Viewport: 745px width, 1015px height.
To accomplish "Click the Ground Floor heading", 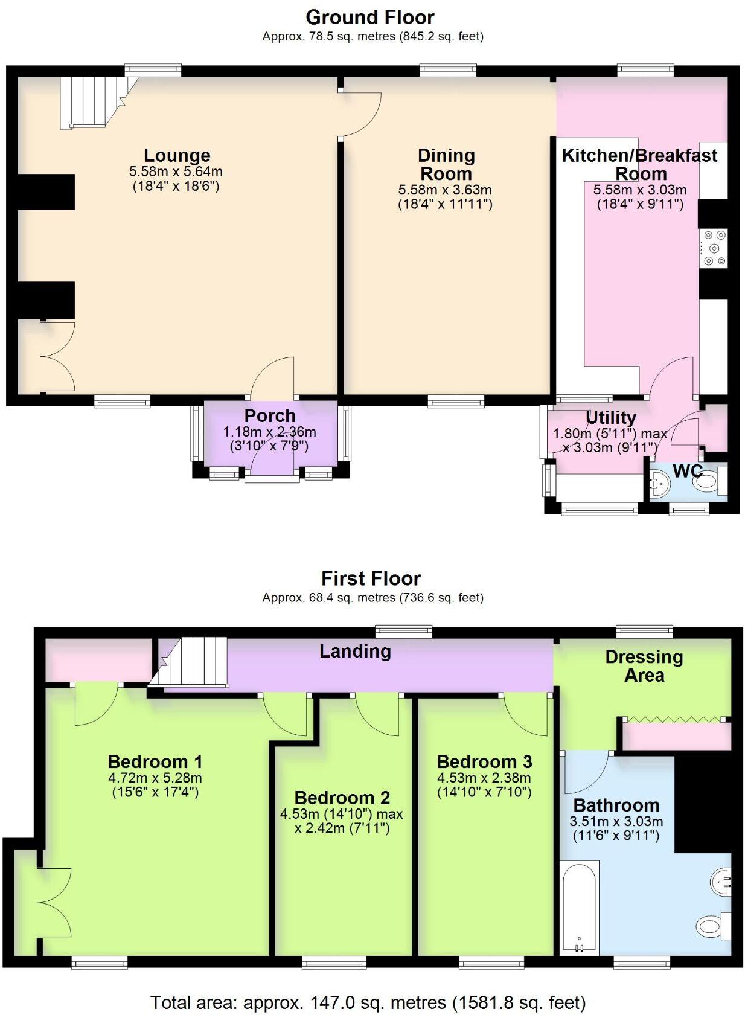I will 369,17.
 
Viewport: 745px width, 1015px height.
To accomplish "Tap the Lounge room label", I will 176,156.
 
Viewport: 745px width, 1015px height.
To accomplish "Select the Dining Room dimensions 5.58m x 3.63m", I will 445,190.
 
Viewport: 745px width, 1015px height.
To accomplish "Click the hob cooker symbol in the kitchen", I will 714,248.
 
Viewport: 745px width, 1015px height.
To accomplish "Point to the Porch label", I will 269,416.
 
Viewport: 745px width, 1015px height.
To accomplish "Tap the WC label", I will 687,471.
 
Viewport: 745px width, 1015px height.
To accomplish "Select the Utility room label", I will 610,418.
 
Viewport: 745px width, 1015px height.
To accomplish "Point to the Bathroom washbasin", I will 721,882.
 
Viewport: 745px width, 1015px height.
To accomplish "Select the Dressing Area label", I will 644,666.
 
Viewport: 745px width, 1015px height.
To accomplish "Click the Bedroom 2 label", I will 342,798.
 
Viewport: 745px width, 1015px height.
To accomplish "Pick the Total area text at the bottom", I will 368,1002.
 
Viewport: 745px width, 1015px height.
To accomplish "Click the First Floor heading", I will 370,578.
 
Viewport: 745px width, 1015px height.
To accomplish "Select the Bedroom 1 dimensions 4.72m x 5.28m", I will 155,778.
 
